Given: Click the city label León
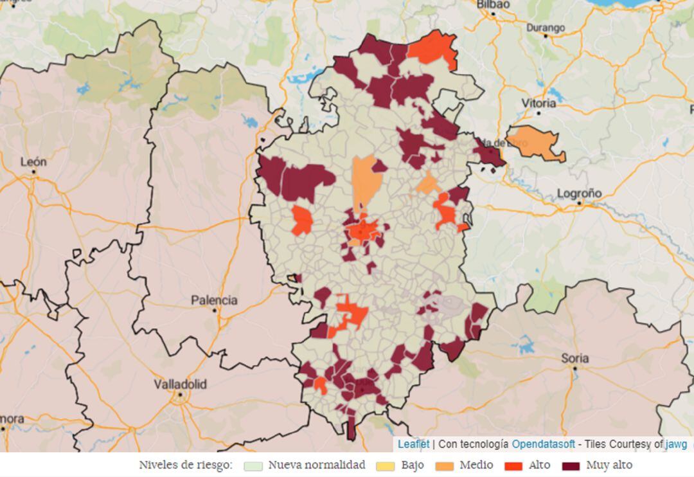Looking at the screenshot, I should point(33,162).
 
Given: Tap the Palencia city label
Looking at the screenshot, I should point(214,300).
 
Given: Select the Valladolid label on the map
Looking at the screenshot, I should point(181,384).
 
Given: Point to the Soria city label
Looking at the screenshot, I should point(574,358).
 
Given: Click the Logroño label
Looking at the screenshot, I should point(579,193).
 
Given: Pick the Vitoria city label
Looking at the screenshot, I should point(539,103).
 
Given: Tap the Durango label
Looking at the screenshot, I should point(546,28).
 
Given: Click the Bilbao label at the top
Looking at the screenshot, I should point(493,4).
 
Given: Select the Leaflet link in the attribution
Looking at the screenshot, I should point(413,444).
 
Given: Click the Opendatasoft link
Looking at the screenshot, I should point(543,444).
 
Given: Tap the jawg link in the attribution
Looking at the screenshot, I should point(676,444).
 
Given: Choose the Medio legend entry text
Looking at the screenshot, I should point(476,465).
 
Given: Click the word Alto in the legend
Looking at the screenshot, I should point(538,465).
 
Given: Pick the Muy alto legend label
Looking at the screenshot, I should point(609,465).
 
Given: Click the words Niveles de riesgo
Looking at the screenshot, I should point(186,465).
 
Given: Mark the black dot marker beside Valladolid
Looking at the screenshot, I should point(181,395).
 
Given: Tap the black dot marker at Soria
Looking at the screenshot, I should point(574,368).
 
